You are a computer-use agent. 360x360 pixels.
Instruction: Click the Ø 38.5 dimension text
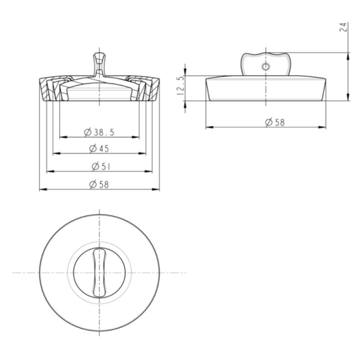click(99, 132)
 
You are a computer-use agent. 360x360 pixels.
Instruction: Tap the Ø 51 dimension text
click(101, 166)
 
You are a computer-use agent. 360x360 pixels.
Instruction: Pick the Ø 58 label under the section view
click(99, 184)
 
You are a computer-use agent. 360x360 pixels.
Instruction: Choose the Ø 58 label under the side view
click(275, 122)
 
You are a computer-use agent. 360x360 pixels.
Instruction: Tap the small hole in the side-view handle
click(266, 67)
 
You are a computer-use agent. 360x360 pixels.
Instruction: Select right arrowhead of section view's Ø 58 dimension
click(157, 189)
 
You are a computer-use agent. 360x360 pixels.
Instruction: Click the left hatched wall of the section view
click(49, 90)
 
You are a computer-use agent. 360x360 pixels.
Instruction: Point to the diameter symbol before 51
click(95, 166)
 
